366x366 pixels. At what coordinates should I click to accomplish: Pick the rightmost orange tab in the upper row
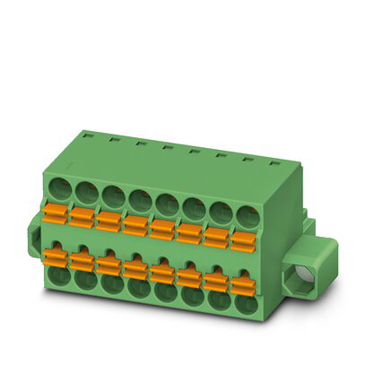tap(242, 240)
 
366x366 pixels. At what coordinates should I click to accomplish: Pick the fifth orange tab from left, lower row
tap(163, 273)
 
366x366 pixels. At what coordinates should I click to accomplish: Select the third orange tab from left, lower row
tap(110, 265)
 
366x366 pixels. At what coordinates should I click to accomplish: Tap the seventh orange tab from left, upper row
tap(215, 236)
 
